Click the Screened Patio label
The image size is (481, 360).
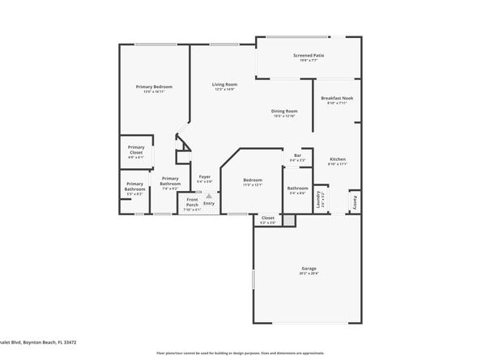[307, 56]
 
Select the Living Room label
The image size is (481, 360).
[224, 84]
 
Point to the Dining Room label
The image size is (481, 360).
[283, 111]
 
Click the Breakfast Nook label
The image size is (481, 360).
[336, 98]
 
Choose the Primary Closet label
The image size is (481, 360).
[134, 149]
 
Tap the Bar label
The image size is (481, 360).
[297, 155]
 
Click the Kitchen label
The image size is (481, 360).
[337, 159]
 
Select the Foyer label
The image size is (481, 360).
[205, 176]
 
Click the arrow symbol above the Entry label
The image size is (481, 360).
[209, 195]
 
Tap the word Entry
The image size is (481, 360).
[209, 203]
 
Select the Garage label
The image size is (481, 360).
[309, 268]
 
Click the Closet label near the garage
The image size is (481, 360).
[267, 218]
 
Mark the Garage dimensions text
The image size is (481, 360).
[309, 273]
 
